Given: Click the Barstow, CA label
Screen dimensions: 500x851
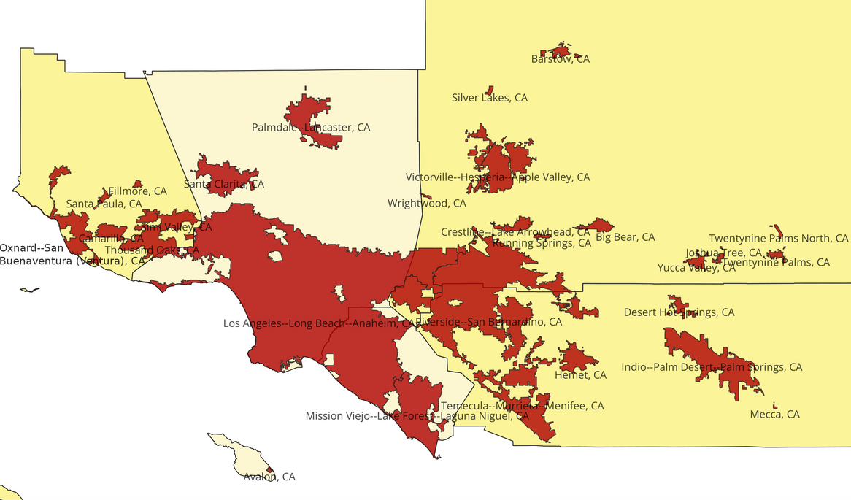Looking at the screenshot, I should pyautogui.click(x=560, y=59).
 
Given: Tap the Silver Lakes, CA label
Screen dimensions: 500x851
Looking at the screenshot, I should pyautogui.click(x=489, y=97).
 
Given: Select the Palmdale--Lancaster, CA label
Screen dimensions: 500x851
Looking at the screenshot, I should pyautogui.click(x=311, y=128).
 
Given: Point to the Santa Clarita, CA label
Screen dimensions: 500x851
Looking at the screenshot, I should pyautogui.click(x=224, y=185).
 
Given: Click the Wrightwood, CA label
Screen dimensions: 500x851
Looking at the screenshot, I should pyautogui.click(x=427, y=204).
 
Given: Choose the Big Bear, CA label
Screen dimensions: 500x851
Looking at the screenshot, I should pyautogui.click(x=625, y=237).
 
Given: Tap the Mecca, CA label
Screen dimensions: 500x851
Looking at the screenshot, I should pyautogui.click(x=774, y=415).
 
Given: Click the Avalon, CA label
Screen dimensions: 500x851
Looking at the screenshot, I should pyautogui.click(x=269, y=477).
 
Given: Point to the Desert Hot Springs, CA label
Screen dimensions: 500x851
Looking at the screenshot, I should pyautogui.click(x=679, y=312).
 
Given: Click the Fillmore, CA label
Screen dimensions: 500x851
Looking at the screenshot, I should pyautogui.click(x=137, y=191).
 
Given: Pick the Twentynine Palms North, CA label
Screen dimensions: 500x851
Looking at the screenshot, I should pyautogui.click(x=779, y=239).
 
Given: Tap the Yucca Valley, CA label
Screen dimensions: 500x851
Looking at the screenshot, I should pyautogui.click(x=696, y=268).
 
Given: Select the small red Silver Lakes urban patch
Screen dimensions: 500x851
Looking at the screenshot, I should pyautogui.click(x=490, y=89).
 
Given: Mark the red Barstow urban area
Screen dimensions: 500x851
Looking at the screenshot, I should pyautogui.click(x=561, y=51).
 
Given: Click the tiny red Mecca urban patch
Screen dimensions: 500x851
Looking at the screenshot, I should pyautogui.click(x=774, y=406).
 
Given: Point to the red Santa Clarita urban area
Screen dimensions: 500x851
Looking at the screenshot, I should pyautogui.click(x=219, y=172).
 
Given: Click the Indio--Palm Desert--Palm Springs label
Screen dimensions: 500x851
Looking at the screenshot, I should pyautogui.click(x=712, y=367).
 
